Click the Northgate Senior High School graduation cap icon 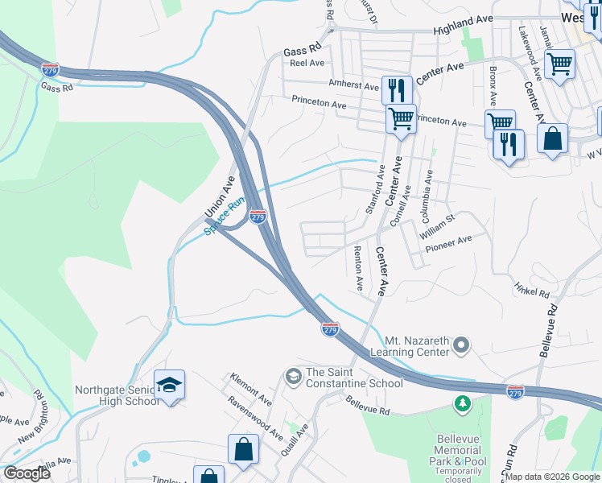[170, 385]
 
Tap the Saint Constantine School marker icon [292, 376]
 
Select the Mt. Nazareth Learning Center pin [461, 345]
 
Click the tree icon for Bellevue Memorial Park [463, 402]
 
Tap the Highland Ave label [463, 28]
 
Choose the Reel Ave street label [307, 63]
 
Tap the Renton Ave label [359, 269]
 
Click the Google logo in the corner [27, 473]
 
